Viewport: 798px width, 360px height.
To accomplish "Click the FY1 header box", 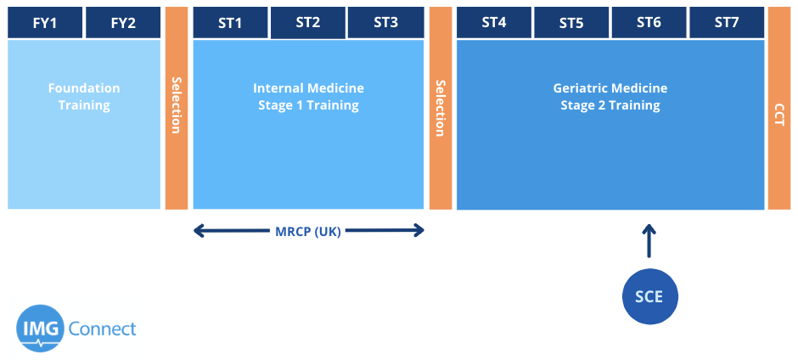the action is point(45,23).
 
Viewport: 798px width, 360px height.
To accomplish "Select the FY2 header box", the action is point(123,23).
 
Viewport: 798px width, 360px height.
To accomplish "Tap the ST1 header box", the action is point(231,23).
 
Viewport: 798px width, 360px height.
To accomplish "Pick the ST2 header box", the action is point(308,23).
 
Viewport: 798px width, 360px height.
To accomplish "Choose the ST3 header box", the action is point(385,23).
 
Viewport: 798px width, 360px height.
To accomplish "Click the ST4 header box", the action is point(494,23).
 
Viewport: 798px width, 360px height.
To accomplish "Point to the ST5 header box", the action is point(571,23).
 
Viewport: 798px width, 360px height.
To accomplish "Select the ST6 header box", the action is point(649,23).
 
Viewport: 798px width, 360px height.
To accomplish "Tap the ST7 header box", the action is point(727,23).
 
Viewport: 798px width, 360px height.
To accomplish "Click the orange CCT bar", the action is point(779,108).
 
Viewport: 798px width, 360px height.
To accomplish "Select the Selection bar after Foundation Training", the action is point(177,108).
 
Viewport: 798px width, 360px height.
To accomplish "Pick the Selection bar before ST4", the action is point(441,108).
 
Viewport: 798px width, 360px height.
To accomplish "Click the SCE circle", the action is point(650,296).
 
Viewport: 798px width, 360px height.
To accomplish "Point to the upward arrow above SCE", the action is point(649,241).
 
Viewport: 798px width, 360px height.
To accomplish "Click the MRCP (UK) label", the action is point(308,231).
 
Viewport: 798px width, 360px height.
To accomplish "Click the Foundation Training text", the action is point(84,97).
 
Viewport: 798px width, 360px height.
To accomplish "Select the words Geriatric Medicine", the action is point(610,88).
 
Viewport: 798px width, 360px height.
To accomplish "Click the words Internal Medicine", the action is point(308,88).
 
